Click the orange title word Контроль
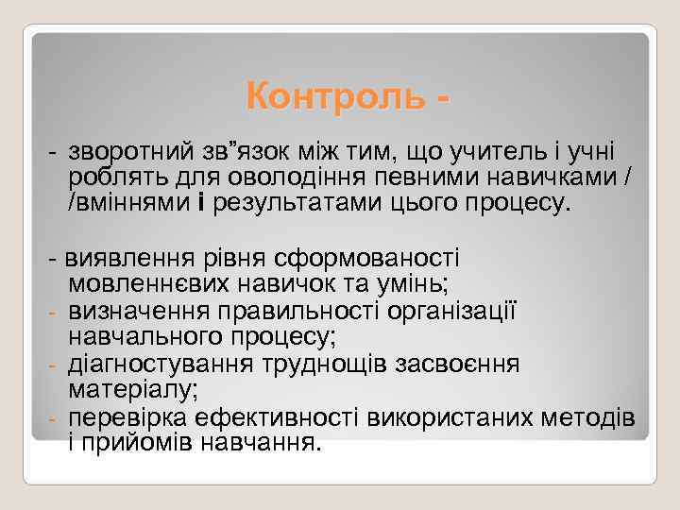click(x=331, y=95)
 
